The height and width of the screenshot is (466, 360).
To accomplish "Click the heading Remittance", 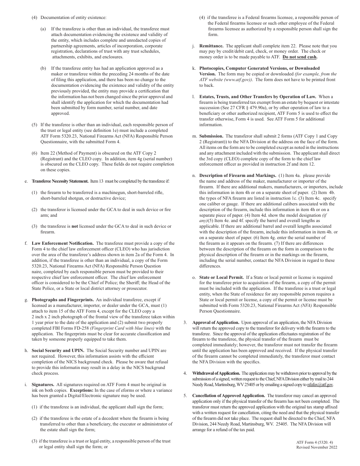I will [211, 46].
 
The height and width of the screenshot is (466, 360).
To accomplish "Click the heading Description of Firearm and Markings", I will [238, 175].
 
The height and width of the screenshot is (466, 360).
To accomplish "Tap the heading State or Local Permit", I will [222, 277].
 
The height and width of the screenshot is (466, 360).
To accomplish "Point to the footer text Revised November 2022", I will [317, 447].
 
